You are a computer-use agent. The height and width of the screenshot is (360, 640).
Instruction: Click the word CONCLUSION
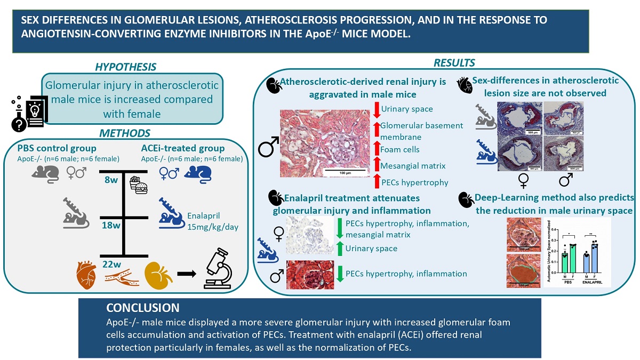pyautogui.click(x=143, y=308)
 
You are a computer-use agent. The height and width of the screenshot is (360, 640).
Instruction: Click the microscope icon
pyautogui.click(x=219, y=274)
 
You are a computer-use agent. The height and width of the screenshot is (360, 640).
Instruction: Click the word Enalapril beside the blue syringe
pyautogui.click(x=204, y=216)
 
